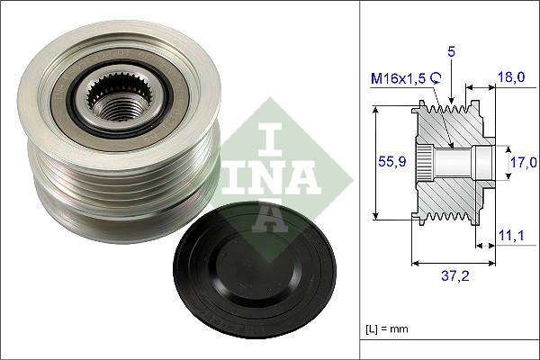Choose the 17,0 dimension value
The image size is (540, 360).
coord(525,162)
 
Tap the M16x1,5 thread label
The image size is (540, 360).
coord(400,79)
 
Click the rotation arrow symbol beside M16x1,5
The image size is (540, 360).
coord(436,79)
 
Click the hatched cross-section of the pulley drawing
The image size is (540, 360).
coord(450,193)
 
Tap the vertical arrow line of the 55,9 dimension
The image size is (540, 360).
coord(375,162)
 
